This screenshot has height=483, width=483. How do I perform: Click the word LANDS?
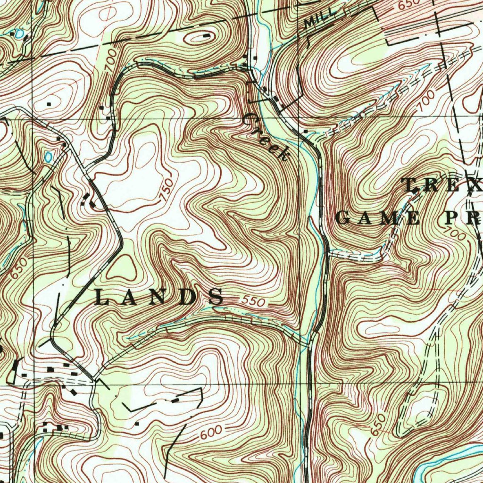pos(159,297)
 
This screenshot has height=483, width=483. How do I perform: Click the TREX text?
pos(441,185)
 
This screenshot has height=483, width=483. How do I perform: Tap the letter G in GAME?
pos(343,218)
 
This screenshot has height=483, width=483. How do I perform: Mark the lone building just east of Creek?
pos(306,131)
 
